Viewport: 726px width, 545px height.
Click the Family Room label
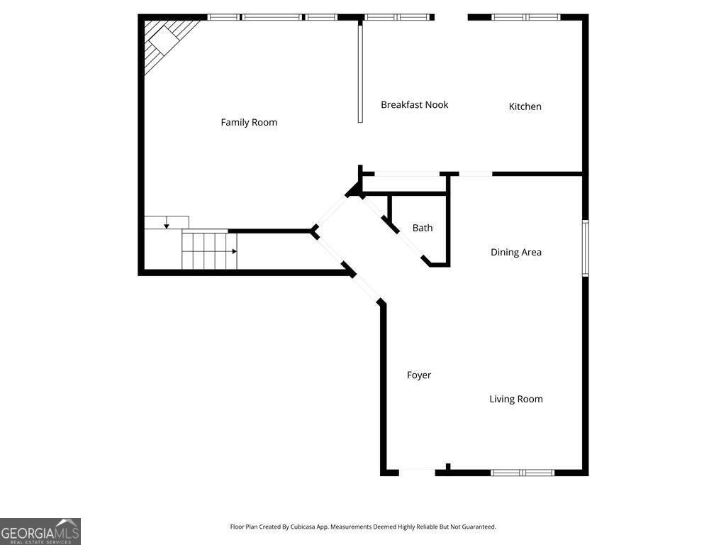click(249, 122)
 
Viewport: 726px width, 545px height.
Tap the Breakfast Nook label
click(414, 105)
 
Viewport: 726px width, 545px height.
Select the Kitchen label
click(525, 106)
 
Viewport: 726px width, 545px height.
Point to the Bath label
click(423, 228)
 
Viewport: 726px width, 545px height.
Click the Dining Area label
click(516, 252)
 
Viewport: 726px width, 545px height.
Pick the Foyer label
click(419, 375)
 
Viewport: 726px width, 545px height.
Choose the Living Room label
click(516, 399)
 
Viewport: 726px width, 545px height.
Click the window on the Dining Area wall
click(585, 248)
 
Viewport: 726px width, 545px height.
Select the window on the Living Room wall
click(523, 473)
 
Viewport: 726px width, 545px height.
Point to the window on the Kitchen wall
click(525, 18)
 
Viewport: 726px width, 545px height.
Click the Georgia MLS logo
click(40, 532)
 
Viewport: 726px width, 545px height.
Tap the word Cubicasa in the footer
click(303, 527)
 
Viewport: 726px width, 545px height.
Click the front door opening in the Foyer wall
click(417, 472)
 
